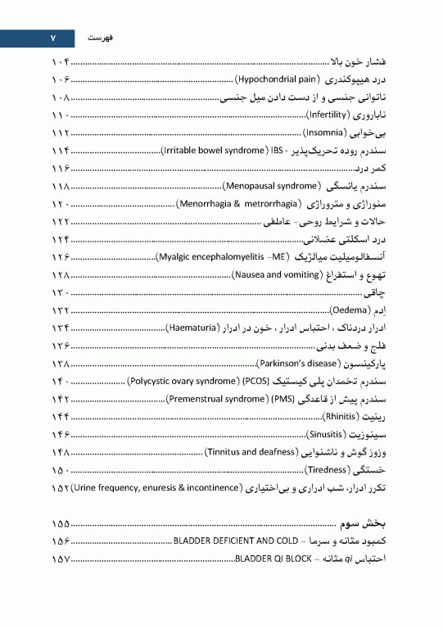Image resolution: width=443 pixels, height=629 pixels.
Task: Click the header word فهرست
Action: [x=98, y=38]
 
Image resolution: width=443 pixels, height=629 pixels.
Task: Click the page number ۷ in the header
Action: [x=50, y=38]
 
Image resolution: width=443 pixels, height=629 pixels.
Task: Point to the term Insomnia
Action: [x=324, y=132]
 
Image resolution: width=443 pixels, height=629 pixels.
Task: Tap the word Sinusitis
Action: [x=327, y=433]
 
